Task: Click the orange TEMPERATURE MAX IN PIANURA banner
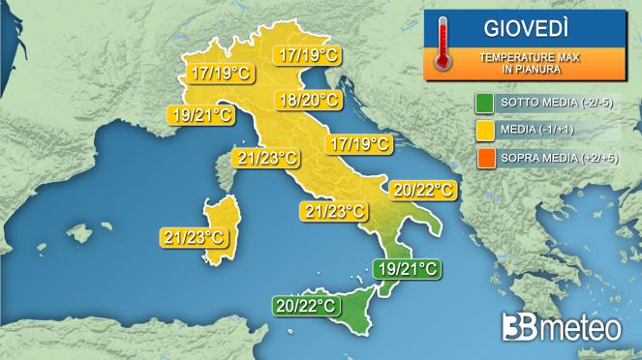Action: point(530,62)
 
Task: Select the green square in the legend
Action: point(485,104)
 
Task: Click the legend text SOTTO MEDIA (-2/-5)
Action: point(557,104)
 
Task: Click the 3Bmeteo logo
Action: point(562,328)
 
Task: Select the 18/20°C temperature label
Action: point(307,100)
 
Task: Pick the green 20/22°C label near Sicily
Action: point(305,306)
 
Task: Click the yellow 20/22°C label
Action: point(421,188)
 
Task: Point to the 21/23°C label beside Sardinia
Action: point(194,236)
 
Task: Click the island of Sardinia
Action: point(220,230)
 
